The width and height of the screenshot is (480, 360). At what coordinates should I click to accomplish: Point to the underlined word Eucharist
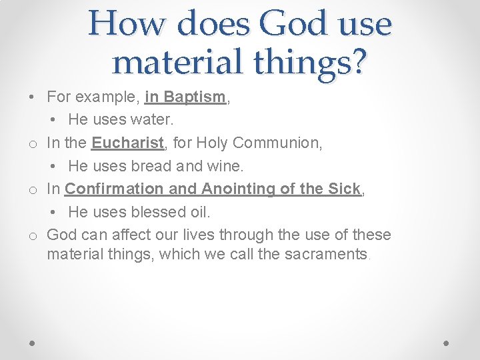click(127, 143)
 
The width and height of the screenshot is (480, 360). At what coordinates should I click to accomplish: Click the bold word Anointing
click(238, 189)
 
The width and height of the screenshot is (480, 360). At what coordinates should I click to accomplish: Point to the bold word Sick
click(344, 189)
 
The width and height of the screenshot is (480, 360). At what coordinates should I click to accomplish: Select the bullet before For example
click(32, 97)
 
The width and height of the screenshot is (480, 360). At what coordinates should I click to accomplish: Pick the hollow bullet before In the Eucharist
click(32, 143)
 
